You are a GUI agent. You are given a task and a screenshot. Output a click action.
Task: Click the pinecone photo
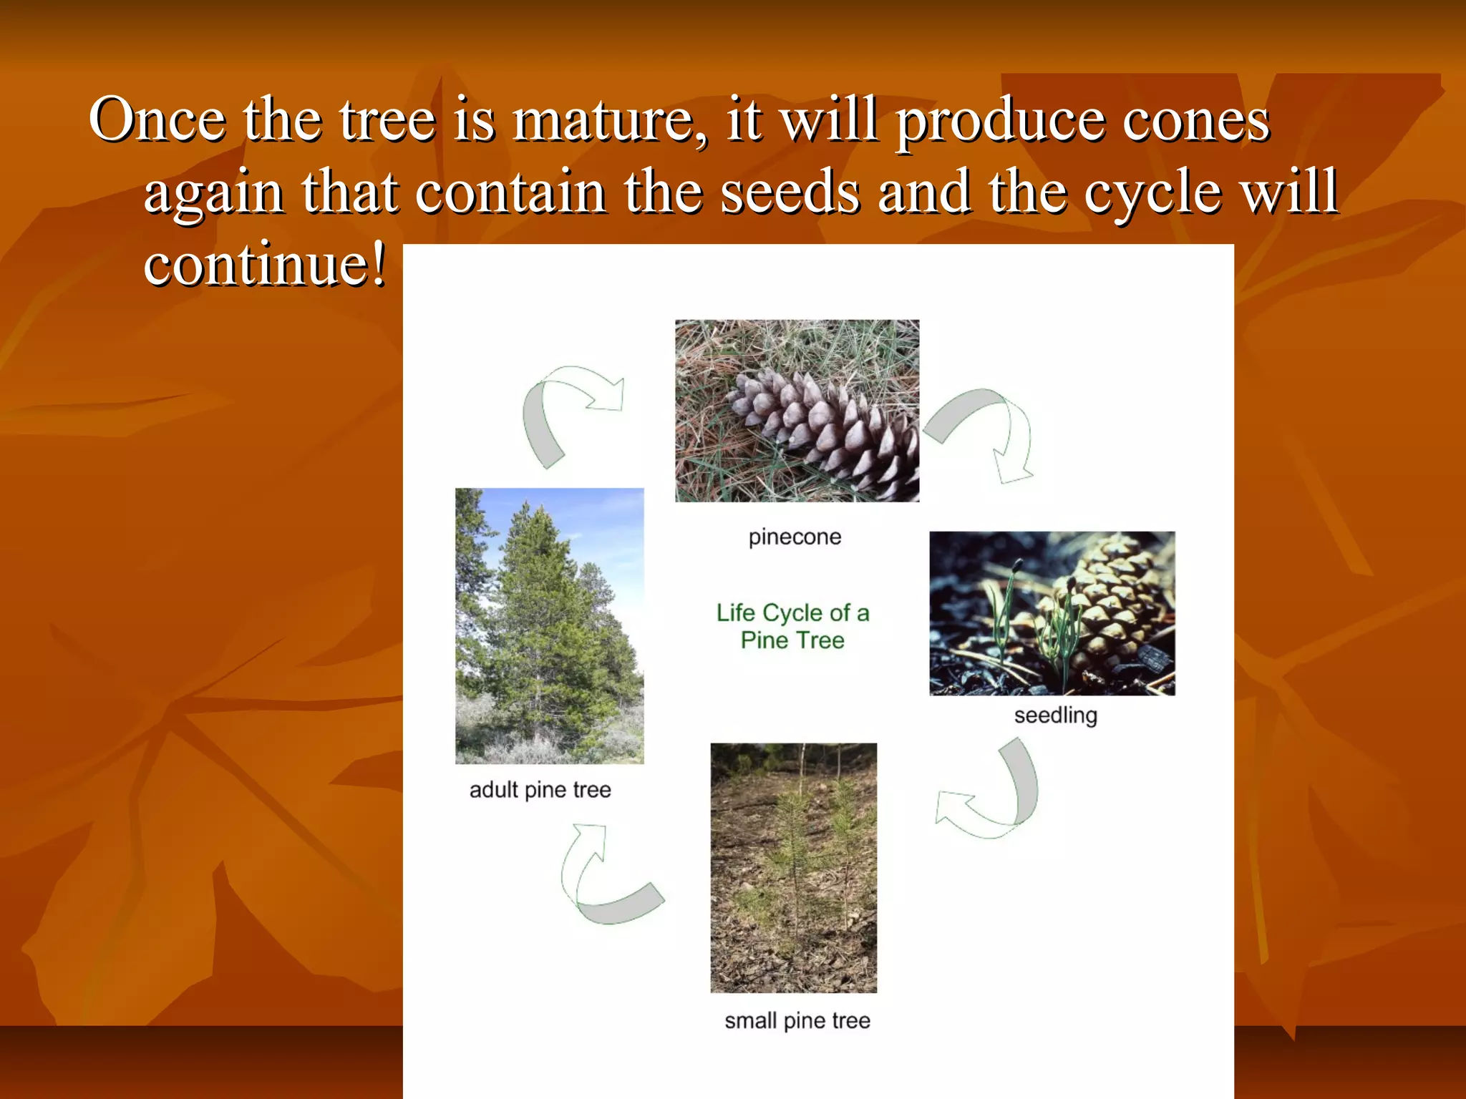pyautogui.click(x=797, y=411)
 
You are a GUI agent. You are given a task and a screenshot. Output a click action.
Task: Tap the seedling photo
pyautogui.click(x=1052, y=613)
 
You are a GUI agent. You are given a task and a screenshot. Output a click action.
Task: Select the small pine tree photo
pyautogui.click(x=793, y=867)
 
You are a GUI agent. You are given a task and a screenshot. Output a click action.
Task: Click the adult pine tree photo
pyautogui.click(x=549, y=626)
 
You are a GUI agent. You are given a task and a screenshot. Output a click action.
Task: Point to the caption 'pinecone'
pyautogui.click(x=795, y=537)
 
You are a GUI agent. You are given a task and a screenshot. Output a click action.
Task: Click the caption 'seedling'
pyautogui.click(x=1055, y=715)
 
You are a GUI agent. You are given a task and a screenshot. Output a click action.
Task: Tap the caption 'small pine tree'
pyautogui.click(x=797, y=1021)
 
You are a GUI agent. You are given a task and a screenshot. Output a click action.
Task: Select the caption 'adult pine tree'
pyautogui.click(x=540, y=790)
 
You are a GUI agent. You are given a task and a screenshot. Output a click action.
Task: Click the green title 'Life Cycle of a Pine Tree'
pyautogui.click(x=792, y=626)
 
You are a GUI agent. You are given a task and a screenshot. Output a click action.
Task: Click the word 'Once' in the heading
pyautogui.click(x=156, y=120)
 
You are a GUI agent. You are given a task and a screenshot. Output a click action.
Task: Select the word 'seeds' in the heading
pyautogui.click(x=790, y=192)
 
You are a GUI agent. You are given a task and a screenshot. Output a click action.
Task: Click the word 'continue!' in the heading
pyautogui.click(x=265, y=265)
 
